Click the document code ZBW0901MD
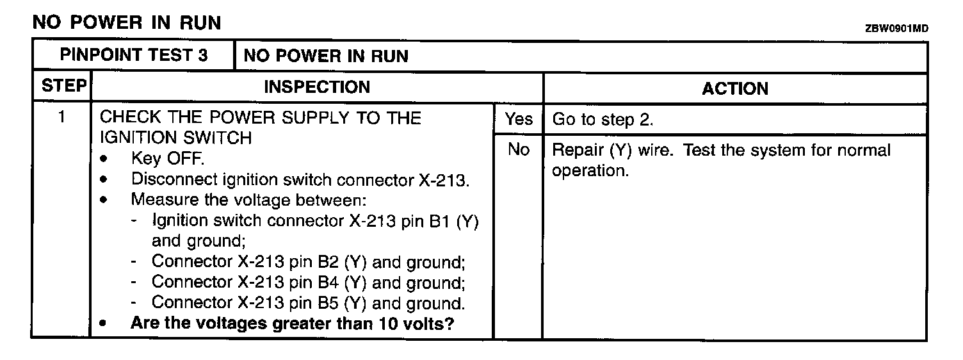[896, 29]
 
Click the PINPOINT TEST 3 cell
[134, 55]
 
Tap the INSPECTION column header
[317, 87]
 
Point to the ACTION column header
[735, 88]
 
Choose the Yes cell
[518, 119]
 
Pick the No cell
[518, 150]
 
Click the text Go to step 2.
[603, 120]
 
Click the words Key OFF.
[167, 159]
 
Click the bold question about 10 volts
[292, 323]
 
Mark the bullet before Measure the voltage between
[104, 200]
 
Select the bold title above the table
[126, 23]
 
